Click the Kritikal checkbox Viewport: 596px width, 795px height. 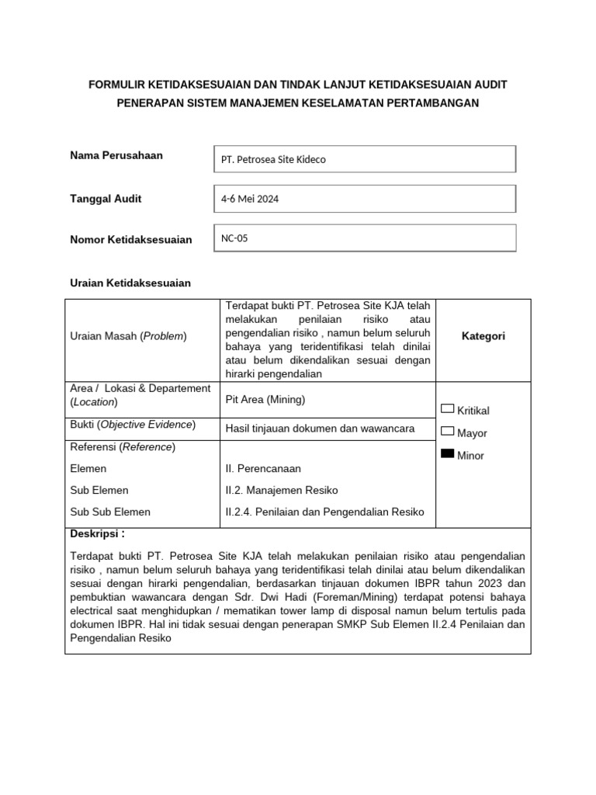tap(448, 408)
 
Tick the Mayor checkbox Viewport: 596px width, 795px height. tap(448, 431)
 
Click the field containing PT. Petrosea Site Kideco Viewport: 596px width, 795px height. tap(364, 159)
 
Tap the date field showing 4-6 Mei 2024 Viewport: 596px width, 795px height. tap(364, 199)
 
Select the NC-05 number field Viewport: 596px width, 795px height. tap(364, 238)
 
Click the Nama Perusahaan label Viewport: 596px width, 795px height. tap(116, 155)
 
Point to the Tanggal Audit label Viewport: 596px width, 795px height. tap(106, 199)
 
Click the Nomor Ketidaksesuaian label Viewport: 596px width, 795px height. tap(130, 240)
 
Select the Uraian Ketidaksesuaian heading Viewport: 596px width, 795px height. tap(130, 283)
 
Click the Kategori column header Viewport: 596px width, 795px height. tap(483, 336)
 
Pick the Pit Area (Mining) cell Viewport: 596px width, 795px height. tap(265, 400)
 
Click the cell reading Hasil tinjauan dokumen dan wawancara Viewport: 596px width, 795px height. tap(320, 428)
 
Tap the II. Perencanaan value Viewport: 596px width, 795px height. tap(262, 469)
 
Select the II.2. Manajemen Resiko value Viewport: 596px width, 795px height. tap(281, 491)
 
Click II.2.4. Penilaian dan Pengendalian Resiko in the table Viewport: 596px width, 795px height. tap(324, 512)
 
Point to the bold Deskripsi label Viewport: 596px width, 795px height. tap(97, 534)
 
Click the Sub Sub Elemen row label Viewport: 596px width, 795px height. tap(110, 512)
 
